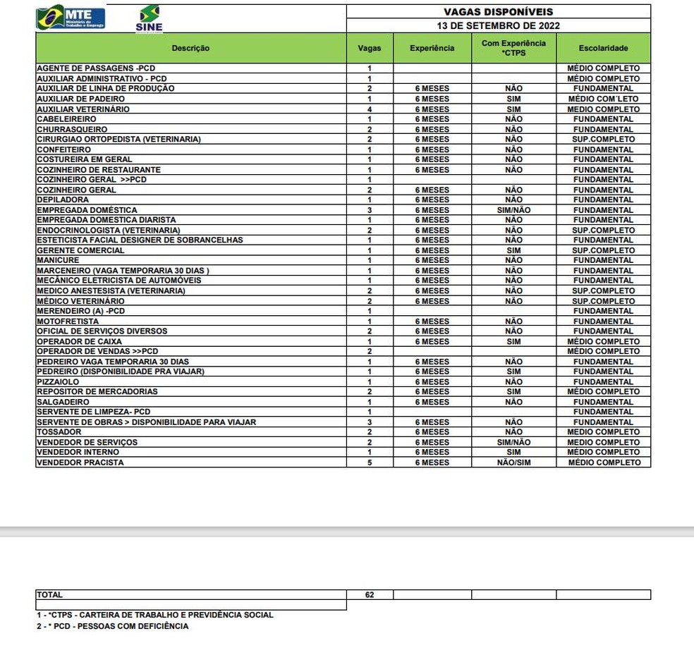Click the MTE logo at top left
71,18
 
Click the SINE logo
149,18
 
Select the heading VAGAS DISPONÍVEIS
498,12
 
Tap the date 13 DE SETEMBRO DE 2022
498,25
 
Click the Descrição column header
190,48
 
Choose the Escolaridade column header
603,48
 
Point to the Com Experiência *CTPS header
513,48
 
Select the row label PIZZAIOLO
58,381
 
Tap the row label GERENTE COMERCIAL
80,250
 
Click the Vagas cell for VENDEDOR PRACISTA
370,462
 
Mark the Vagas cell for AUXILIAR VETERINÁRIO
370,109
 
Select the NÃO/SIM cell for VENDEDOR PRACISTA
513,462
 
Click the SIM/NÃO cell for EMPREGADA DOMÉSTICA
513,210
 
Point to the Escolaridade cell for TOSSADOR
603,431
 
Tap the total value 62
370,595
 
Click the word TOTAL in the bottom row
49,595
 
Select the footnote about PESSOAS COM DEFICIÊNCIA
113,626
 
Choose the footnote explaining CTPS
155,615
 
